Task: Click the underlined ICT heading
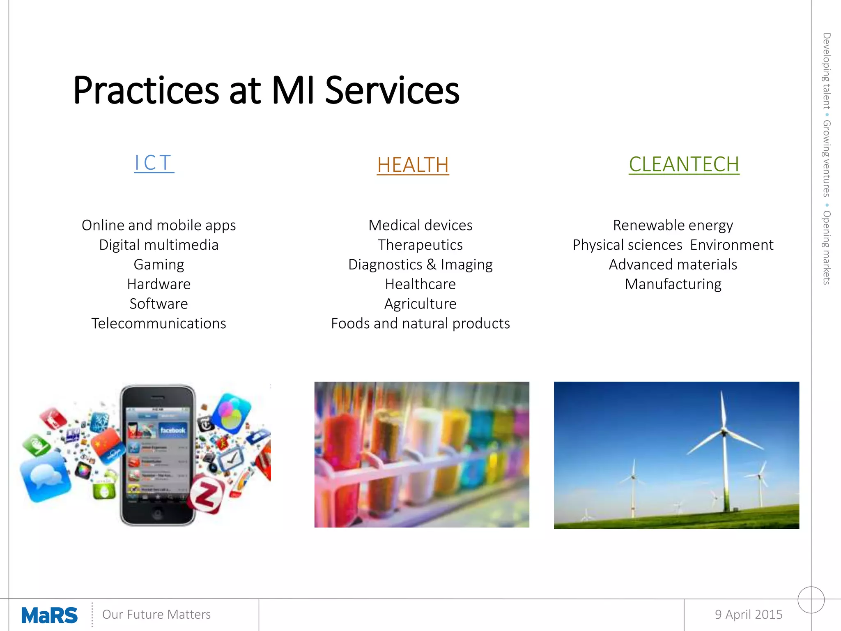(x=154, y=163)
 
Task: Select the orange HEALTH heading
(x=413, y=165)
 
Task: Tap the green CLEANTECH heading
(x=684, y=164)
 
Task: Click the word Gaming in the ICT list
(x=159, y=265)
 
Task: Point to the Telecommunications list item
(x=159, y=323)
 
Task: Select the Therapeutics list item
(x=420, y=245)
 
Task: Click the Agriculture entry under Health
(x=420, y=304)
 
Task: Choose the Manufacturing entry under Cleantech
(x=673, y=284)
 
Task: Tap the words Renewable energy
(x=673, y=225)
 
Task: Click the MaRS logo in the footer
(x=49, y=615)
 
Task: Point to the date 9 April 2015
(x=748, y=614)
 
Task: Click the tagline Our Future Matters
(x=156, y=614)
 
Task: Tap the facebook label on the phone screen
(x=172, y=430)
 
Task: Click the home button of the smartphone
(x=157, y=514)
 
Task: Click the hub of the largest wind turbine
(x=724, y=432)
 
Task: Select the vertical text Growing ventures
(x=826, y=159)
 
